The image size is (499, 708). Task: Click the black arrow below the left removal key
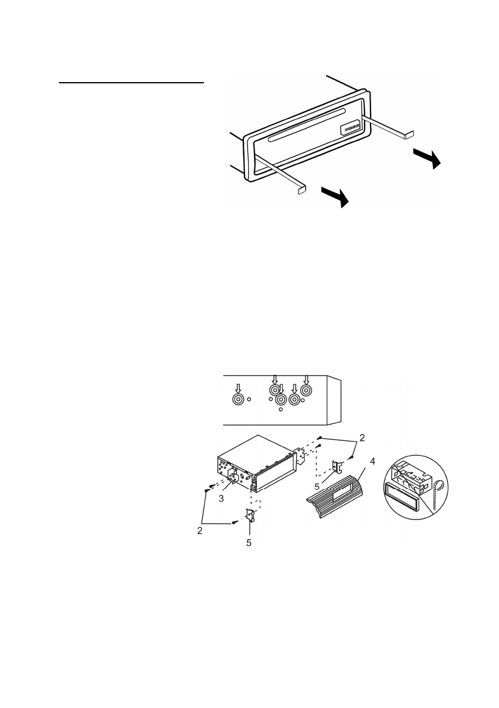334,196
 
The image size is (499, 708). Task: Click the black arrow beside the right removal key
426,158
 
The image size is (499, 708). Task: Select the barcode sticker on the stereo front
351,129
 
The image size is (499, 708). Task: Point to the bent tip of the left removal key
302,191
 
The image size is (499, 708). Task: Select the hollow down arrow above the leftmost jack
238,386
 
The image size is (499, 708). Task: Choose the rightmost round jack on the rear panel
306,390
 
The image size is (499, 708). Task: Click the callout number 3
221,499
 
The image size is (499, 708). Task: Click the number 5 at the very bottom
249,543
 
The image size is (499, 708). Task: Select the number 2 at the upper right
362,437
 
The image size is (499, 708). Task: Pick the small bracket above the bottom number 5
250,512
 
